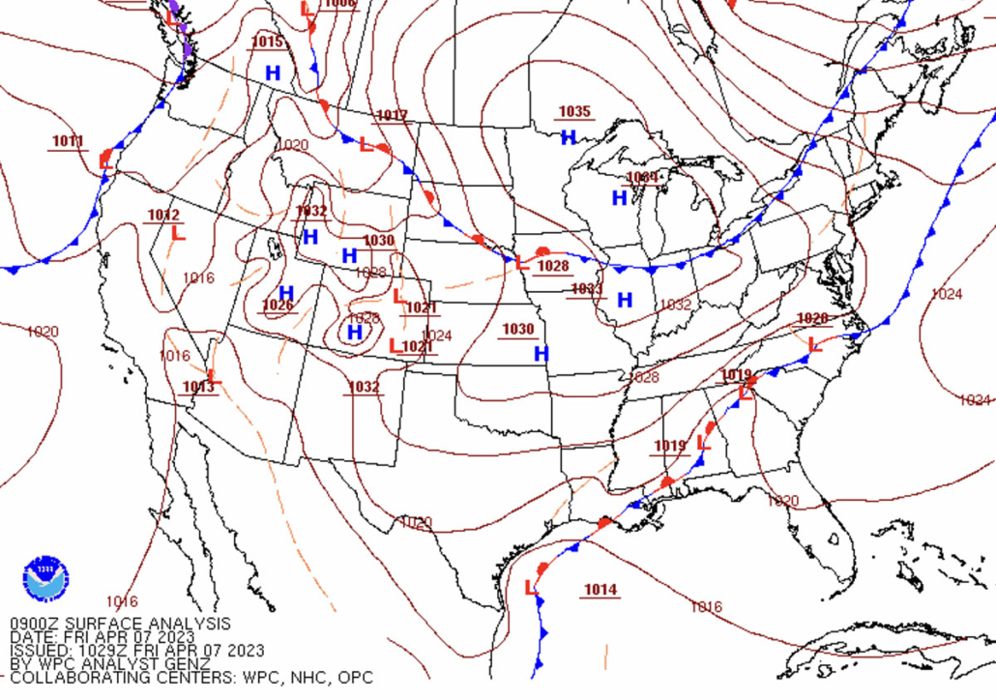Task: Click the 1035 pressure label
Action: coord(574,112)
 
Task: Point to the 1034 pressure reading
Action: coord(641,177)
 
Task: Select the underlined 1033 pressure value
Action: coord(587,289)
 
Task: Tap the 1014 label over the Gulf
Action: coord(600,590)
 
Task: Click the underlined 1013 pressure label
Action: coord(198,388)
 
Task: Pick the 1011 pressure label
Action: coord(68,141)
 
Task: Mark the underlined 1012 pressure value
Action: coord(163,215)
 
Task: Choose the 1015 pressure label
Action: coord(267,42)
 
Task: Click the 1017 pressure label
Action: coord(392,116)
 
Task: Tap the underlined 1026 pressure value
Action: coord(278,306)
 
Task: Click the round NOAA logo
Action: coord(45,578)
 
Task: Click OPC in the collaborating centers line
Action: coord(355,678)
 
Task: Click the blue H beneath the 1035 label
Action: coord(569,138)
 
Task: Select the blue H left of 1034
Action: coord(619,198)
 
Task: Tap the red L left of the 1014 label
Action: coord(530,588)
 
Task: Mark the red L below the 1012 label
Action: coord(177,233)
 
